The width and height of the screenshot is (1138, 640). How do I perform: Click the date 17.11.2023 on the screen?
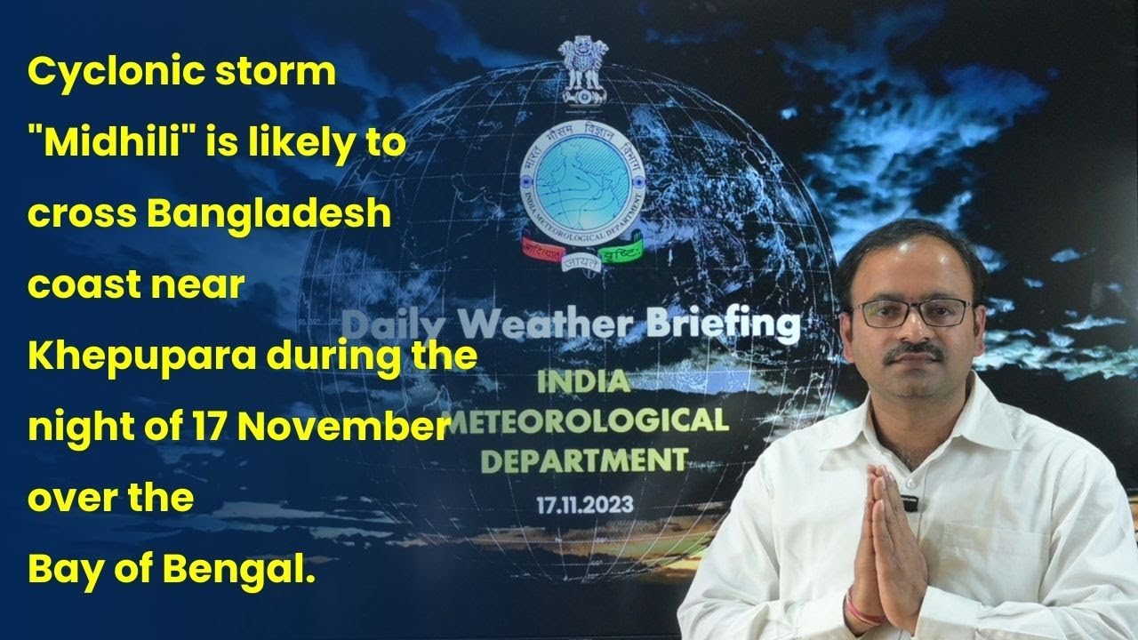click(x=584, y=505)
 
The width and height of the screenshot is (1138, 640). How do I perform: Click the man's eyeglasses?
click(x=912, y=311)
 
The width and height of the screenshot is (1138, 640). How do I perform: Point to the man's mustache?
click(x=915, y=352)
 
